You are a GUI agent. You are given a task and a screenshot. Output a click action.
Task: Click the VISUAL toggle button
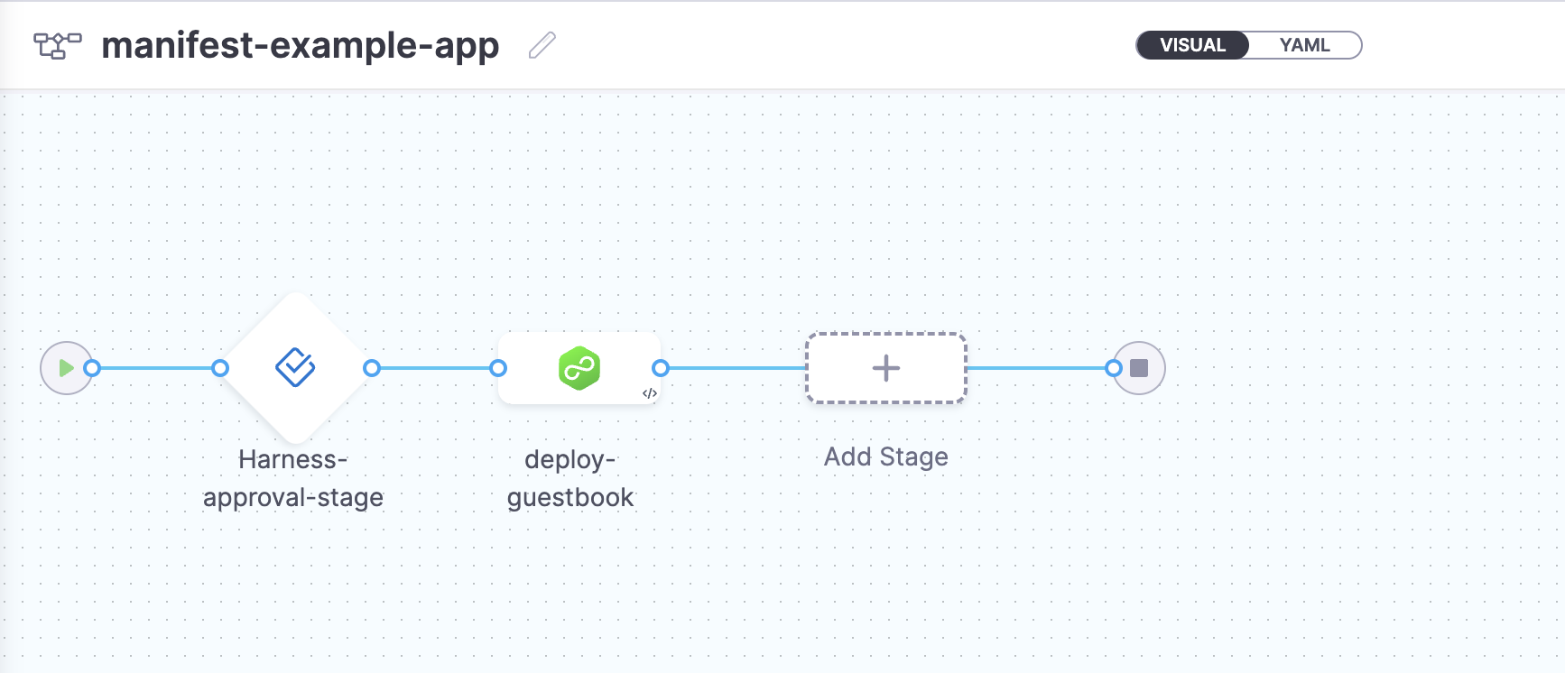click(1192, 45)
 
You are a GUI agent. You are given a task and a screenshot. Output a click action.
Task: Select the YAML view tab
click(1304, 45)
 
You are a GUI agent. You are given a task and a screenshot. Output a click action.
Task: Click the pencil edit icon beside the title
click(542, 45)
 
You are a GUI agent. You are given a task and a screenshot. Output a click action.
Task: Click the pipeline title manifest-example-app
click(300, 45)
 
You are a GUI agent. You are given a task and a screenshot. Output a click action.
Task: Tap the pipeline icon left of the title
click(57, 45)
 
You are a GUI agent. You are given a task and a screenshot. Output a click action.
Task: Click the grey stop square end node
click(1140, 368)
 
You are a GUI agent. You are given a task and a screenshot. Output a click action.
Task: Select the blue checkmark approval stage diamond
click(295, 368)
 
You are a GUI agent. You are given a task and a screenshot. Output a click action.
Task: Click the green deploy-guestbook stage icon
click(579, 368)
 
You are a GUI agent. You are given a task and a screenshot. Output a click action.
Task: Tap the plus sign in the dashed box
click(886, 368)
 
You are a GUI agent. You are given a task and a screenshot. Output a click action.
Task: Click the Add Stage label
click(886, 457)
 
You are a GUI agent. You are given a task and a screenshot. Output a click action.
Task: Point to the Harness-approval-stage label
click(293, 478)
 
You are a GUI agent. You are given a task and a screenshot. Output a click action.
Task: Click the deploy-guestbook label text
click(570, 478)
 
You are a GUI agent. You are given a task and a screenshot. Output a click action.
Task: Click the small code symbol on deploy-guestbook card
click(649, 393)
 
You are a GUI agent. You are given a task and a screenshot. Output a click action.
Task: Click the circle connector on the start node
click(92, 368)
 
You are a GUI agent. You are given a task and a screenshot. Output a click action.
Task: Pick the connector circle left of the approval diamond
click(220, 368)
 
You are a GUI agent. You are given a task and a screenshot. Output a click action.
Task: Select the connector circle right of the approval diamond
click(372, 368)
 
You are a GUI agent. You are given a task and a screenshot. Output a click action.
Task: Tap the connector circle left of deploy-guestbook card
click(498, 368)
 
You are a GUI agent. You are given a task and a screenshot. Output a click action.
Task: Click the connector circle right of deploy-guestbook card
click(661, 368)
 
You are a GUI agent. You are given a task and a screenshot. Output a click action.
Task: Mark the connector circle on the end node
click(1114, 368)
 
